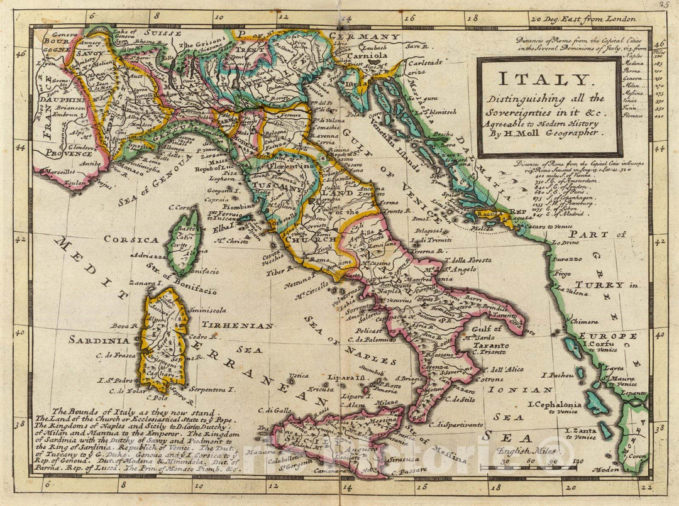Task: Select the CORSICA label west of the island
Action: pyautogui.click(x=131, y=239)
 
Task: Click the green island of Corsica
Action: pyautogui.click(x=183, y=242)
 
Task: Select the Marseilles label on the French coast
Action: pyautogui.click(x=57, y=170)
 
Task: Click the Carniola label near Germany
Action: pyautogui.click(x=368, y=54)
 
